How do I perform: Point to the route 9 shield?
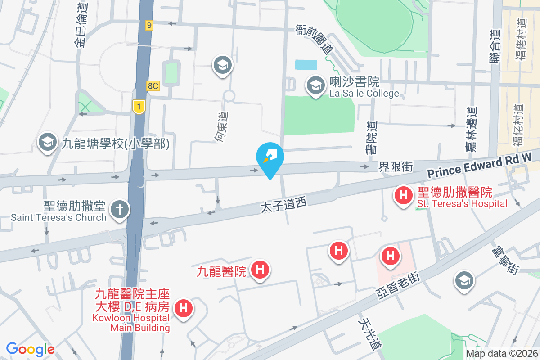click(149, 25)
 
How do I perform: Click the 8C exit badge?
click(153, 85)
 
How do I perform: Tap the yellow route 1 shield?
click(139, 106)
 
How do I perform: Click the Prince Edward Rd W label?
click(480, 165)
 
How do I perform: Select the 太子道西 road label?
click(283, 206)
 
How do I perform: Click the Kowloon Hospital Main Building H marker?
click(184, 308)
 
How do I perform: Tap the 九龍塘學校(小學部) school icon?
click(47, 142)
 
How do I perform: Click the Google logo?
click(30, 349)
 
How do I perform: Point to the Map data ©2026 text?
click(502, 354)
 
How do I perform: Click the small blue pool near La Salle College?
click(306, 64)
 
